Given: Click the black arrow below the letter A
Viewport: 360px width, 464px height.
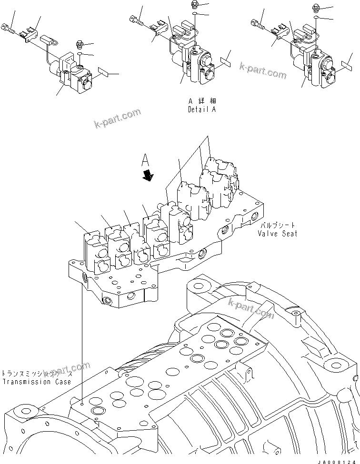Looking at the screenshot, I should [149, 176].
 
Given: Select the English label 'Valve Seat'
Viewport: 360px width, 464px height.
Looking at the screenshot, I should [278, 233].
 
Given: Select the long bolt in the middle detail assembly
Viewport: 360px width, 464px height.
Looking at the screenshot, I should [137, 20].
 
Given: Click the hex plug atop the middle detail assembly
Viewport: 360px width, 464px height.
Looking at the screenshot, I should [194, 5].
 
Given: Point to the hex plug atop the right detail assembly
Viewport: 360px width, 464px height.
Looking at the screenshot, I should [316, 7].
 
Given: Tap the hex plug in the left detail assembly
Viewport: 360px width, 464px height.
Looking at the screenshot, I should [79, 46].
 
